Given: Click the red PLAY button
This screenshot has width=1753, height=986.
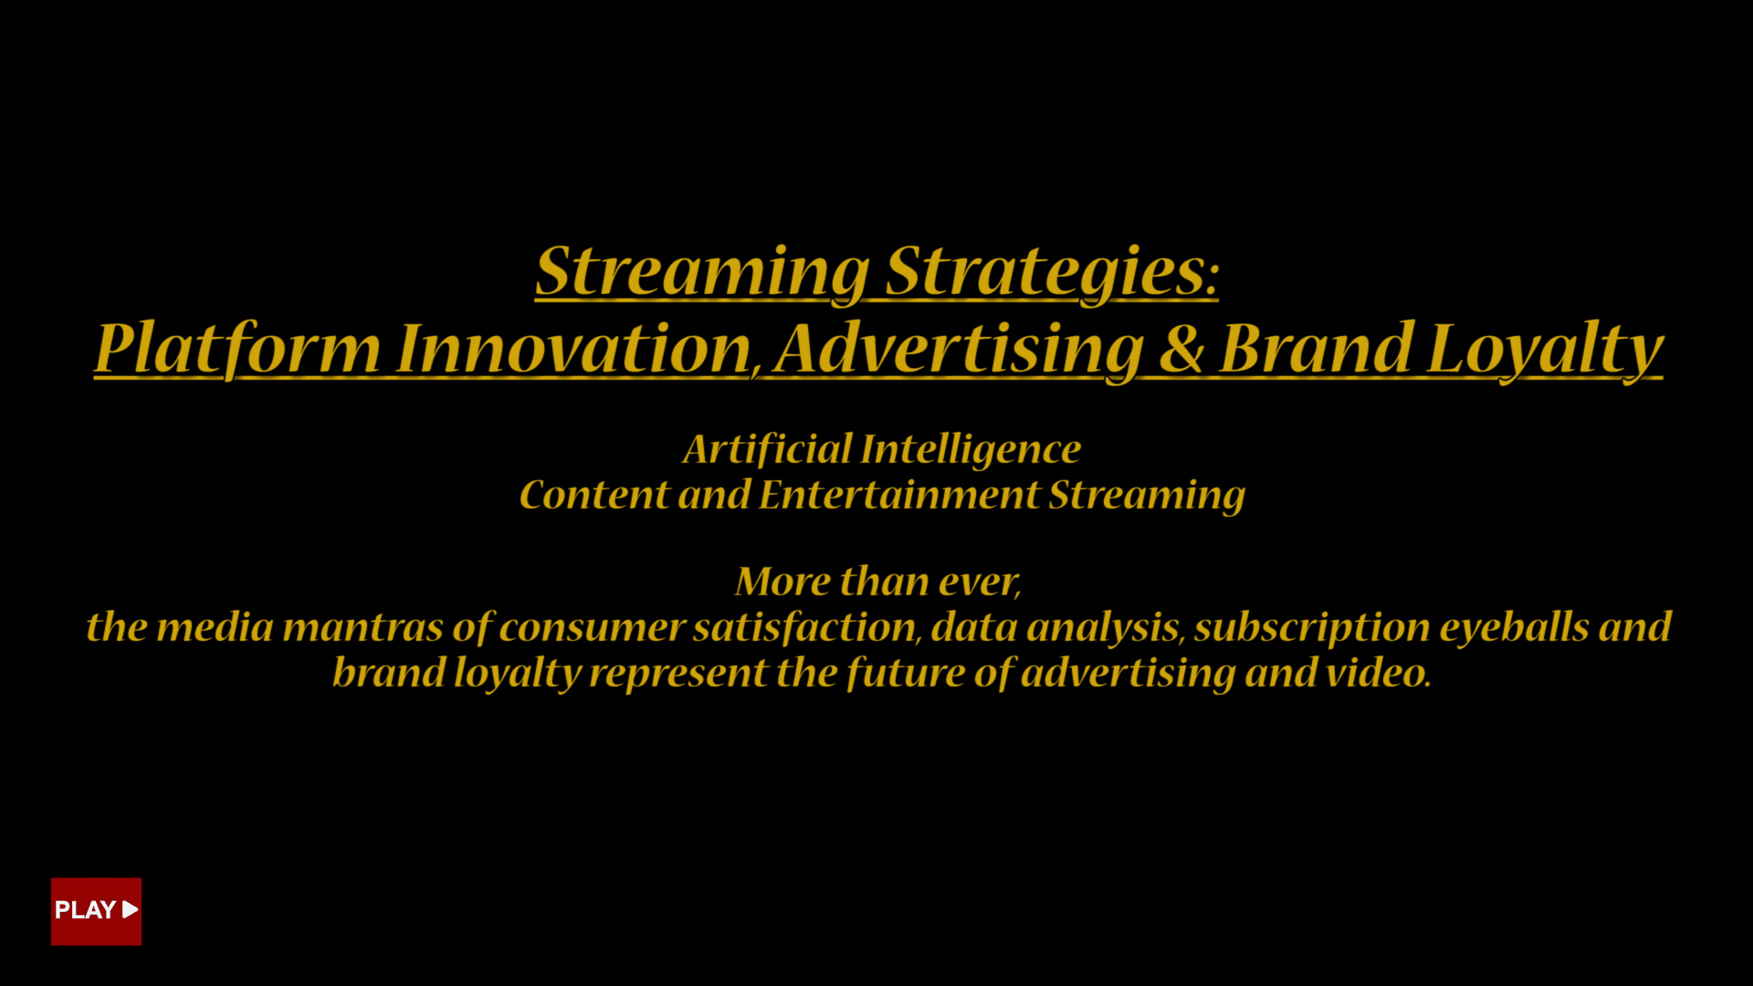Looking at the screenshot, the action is tap(96, 911).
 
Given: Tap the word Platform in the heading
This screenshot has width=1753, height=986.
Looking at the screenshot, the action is tap(237, 350).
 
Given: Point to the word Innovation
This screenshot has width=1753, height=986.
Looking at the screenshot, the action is tap(573, 349).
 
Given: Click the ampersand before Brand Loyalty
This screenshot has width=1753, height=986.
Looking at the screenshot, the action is tap(1182, 349).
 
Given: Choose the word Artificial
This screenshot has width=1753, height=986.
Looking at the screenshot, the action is tap(767, 449).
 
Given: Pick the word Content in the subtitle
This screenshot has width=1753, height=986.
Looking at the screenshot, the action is tap(594, 495).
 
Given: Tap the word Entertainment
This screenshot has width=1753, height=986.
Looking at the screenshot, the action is tap(899, 495).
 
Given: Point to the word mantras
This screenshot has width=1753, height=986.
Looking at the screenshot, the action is tap(362, 627).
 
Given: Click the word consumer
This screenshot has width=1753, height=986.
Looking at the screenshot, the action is tap(592, 628).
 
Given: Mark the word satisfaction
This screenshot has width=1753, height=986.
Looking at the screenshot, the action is tap(804, 627).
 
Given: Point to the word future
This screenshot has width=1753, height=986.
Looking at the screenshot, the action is tap(905, 674).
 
